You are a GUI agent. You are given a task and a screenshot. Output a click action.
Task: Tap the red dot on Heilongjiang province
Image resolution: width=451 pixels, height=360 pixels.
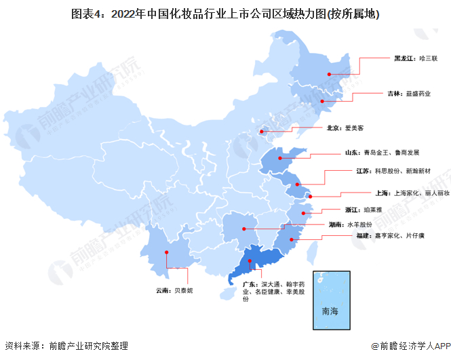[x=329, y=74]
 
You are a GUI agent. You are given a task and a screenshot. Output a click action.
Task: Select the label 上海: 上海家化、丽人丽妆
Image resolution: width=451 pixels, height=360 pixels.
[x=402, y=193]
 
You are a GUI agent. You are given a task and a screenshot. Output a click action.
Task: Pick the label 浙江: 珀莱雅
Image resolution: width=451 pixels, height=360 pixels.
[x=361, y=211]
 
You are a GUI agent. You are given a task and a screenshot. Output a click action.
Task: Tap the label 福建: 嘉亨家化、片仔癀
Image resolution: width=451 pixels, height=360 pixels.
[x=389, y=236]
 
